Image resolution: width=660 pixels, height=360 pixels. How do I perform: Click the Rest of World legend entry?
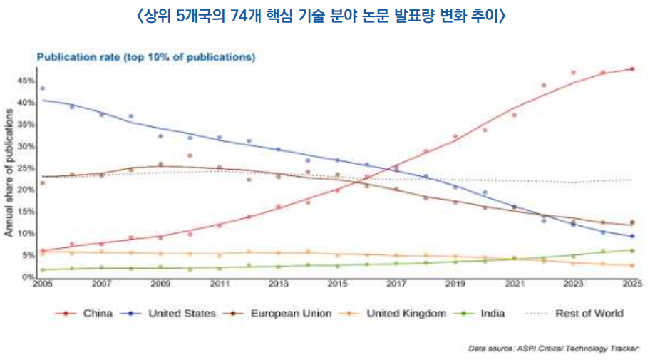(x=589, y=313)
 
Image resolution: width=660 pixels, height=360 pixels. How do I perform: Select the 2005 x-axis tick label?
(x=42, y=285)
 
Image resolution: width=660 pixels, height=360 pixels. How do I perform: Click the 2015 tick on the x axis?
(x=337, y=285)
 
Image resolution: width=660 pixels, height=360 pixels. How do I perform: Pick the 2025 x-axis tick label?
(x=631, y=285)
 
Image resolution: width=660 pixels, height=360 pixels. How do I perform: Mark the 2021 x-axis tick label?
(x=514, y=285)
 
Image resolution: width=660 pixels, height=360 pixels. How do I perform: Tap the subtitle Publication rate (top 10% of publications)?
(x=146, y=56)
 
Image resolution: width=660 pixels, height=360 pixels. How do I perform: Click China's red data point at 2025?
(x=631, y=69)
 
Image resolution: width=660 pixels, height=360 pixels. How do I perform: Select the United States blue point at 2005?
(x=42, y=88)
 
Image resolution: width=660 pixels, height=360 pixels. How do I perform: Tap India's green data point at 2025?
(x=631, y=250)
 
